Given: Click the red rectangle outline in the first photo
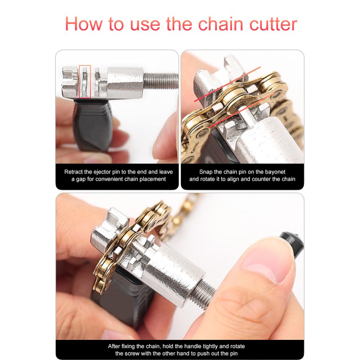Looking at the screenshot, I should [85, 82].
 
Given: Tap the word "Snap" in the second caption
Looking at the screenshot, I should [206, 172].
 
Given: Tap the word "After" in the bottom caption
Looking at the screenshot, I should [115, 346].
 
